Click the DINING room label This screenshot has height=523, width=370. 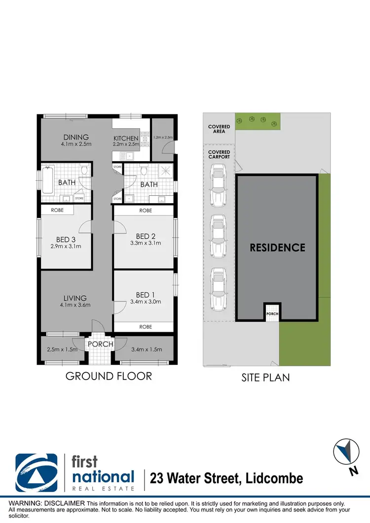tap(75, 137)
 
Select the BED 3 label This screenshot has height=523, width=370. tap(66, 240)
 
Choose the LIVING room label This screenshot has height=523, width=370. tap(75, 298)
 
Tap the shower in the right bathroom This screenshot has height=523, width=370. tap(166, 173)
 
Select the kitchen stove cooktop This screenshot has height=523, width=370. tap(146, 139)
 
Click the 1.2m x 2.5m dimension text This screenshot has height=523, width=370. tap(162, 138)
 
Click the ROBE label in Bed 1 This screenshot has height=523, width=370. tap(145, 327)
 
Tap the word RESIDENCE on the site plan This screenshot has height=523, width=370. tap(277, 247)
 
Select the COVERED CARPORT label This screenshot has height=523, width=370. tap(219, 154)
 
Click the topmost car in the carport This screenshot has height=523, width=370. tap(218, 185)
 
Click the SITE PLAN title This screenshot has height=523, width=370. tap(265, 378)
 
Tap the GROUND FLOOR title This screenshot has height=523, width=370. tap(109, 376)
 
